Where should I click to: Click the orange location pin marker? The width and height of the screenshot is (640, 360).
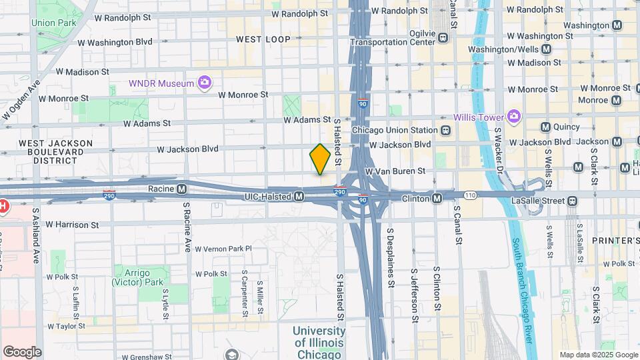pyautogui.click(x=320, y=159)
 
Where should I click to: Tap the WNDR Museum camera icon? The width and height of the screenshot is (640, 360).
pyautogui.click(x=205, y=83)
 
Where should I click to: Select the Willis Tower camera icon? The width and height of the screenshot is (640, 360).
pyautogui.click(x=513, y=117)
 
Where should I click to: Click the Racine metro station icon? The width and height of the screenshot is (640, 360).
pyautogui.click(x=181, y=189)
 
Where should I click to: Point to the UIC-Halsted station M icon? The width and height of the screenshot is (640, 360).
pyautogui.click(x=299, y=196)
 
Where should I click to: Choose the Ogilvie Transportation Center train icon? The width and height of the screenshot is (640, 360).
pyautogui.click(x=443, y=38)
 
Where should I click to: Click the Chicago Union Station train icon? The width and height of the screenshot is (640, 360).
pyautogui.click(x=443, y=130)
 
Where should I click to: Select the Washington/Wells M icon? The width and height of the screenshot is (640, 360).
pyautogui.click(x=547, y=49)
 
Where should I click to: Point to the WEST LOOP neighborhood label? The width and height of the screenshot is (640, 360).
pyautogui.click(x=263, y=39)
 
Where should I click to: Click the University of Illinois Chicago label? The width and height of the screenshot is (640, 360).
pyautogui.click(x=319, y=341)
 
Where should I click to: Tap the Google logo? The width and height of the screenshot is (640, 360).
pyautogui.click(x=22, y=352)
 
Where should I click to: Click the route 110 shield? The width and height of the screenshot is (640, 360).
pyautogui.click(x=471, y=195)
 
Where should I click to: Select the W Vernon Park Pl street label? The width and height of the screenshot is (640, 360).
pyautogui.click(x=223, y=248)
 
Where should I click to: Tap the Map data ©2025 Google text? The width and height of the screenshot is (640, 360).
pyautogui.click(x=597, y=355)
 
